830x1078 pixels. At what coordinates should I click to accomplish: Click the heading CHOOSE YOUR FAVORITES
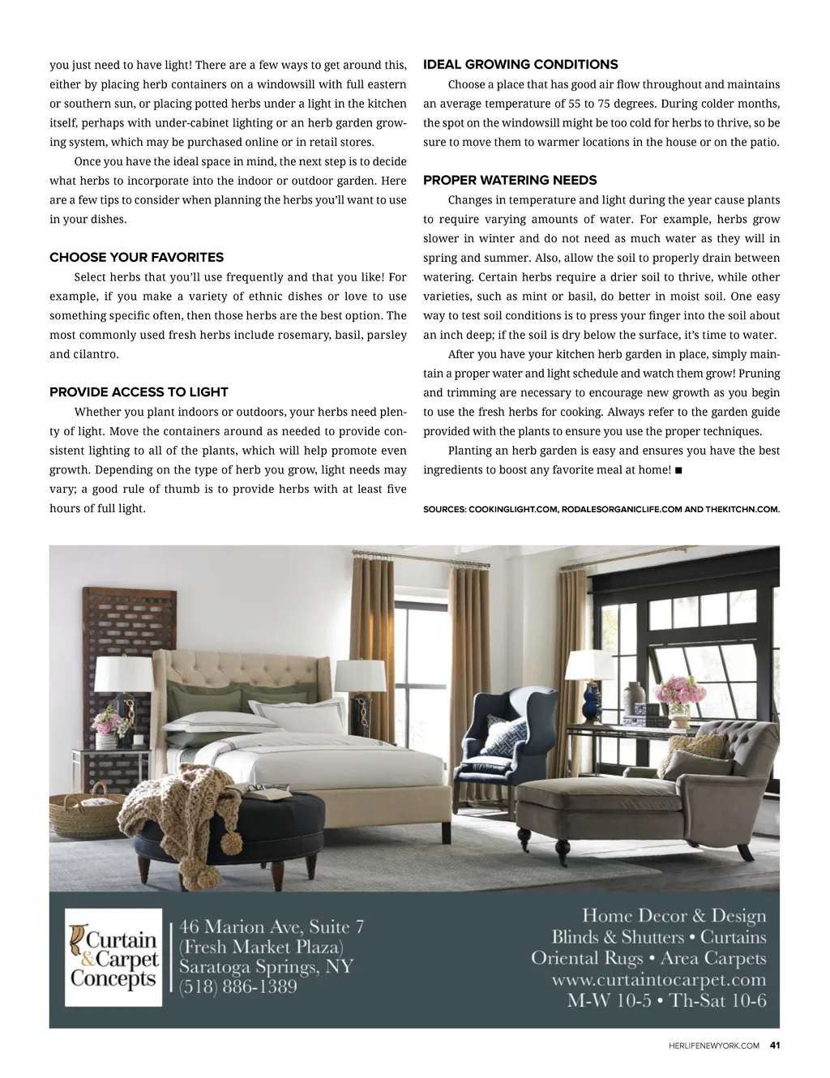[136, 258]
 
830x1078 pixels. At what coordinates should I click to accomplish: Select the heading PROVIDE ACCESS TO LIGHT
[139, 392]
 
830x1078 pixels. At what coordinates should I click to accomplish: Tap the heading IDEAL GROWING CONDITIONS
[520, 65]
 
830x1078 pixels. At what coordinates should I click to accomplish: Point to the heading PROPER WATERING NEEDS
[510, 180]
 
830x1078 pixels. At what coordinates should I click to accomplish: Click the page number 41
[775, 1045]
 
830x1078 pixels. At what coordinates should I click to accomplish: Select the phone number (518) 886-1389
[237, 987]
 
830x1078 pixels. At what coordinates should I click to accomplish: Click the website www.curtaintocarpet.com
[658, 979]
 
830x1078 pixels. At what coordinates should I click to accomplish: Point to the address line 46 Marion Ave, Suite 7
[272, 926]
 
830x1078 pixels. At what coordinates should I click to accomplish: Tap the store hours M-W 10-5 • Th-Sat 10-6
[666, 1000]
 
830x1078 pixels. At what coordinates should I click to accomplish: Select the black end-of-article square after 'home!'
[678, 470]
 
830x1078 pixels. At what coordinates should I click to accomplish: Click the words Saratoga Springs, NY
[266, 967]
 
